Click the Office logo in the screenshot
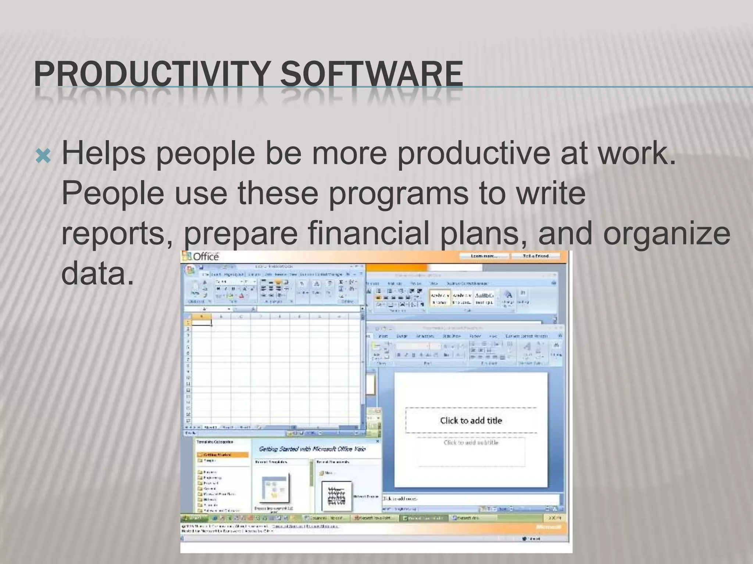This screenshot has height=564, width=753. (201, 256)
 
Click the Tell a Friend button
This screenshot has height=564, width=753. (535, 256)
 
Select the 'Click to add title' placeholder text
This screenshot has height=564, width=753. (471, 420)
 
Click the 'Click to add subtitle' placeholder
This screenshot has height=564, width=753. (471, 442)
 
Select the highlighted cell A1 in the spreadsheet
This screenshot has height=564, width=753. (201, 323)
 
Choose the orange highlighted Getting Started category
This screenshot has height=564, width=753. (222, 455)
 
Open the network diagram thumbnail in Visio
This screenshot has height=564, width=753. (336, 496)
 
